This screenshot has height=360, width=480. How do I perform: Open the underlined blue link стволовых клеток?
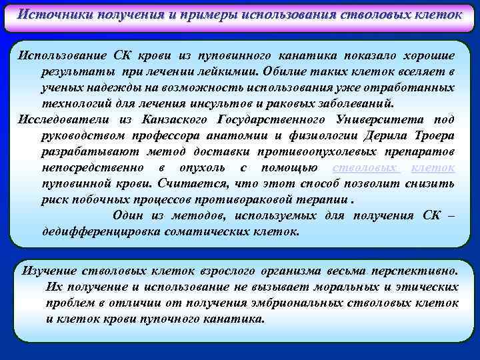[393, 168]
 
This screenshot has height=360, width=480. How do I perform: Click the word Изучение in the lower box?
[49, 271]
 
